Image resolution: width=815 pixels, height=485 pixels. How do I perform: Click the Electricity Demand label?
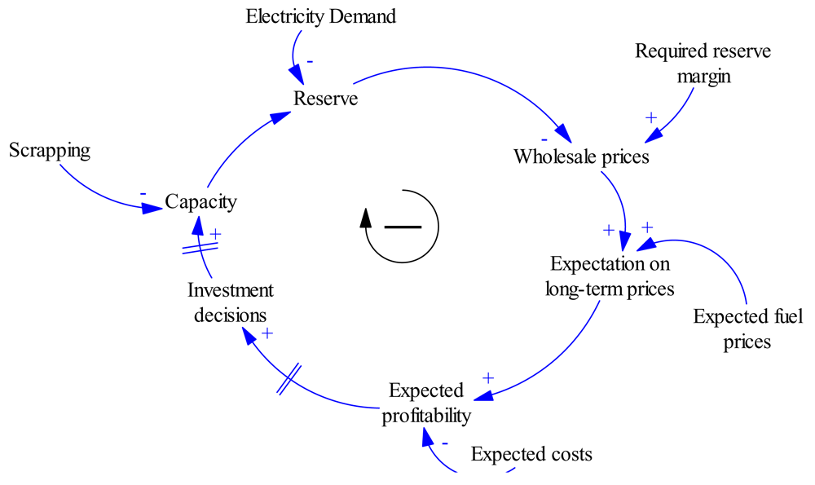[320, 16]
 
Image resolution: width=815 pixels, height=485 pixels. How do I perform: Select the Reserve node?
[326, 99]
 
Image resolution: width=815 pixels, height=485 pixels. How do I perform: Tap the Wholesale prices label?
[581, 157]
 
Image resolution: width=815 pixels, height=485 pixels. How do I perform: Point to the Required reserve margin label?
[703, 64]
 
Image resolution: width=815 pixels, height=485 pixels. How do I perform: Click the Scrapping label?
[49, 151]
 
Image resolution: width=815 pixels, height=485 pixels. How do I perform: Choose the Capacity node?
[200, 201]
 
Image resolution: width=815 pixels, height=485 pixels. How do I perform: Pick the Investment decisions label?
[231, 302]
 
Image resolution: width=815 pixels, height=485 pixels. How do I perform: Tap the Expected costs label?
[531, 454]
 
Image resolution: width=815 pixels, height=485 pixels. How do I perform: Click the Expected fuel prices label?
[736, 328]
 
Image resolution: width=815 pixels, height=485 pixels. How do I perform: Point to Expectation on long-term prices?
[610, 276]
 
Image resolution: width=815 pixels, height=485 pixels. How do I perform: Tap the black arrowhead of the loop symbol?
[367, 217]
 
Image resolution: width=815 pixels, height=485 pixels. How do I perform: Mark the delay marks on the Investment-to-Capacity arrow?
[200, 245]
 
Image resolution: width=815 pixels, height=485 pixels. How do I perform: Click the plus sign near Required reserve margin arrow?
[650, 117]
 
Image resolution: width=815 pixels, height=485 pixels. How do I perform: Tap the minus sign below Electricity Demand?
[310, 62]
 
